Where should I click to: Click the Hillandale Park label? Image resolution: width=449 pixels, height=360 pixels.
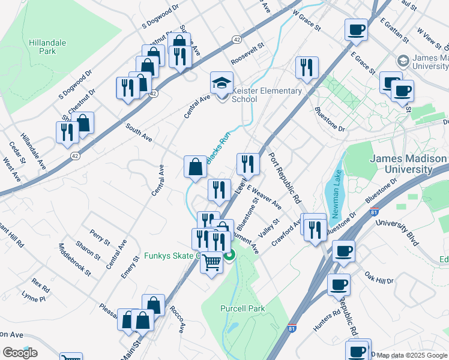pos(47,47)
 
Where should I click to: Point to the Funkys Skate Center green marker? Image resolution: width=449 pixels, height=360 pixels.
pos(229,256)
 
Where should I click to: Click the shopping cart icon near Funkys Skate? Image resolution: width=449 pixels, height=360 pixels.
pos(211,262)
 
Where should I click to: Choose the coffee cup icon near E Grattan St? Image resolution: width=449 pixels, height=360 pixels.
pos(356,29)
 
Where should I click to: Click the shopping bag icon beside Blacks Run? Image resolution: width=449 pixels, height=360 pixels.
pos(195,166)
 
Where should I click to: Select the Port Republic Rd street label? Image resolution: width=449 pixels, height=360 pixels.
pos(284,179)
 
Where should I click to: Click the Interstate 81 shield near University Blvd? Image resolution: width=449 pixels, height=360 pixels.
pos(375,211)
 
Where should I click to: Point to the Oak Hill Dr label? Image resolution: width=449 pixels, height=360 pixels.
pos(379,277)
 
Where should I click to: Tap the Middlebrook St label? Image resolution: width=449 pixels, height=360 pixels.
pos(74,259)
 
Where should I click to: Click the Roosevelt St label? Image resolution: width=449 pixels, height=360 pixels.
pos(247,55)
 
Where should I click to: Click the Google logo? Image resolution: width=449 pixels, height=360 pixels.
pos(20,353)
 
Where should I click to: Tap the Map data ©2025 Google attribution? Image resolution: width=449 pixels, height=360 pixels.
pos(411,355)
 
